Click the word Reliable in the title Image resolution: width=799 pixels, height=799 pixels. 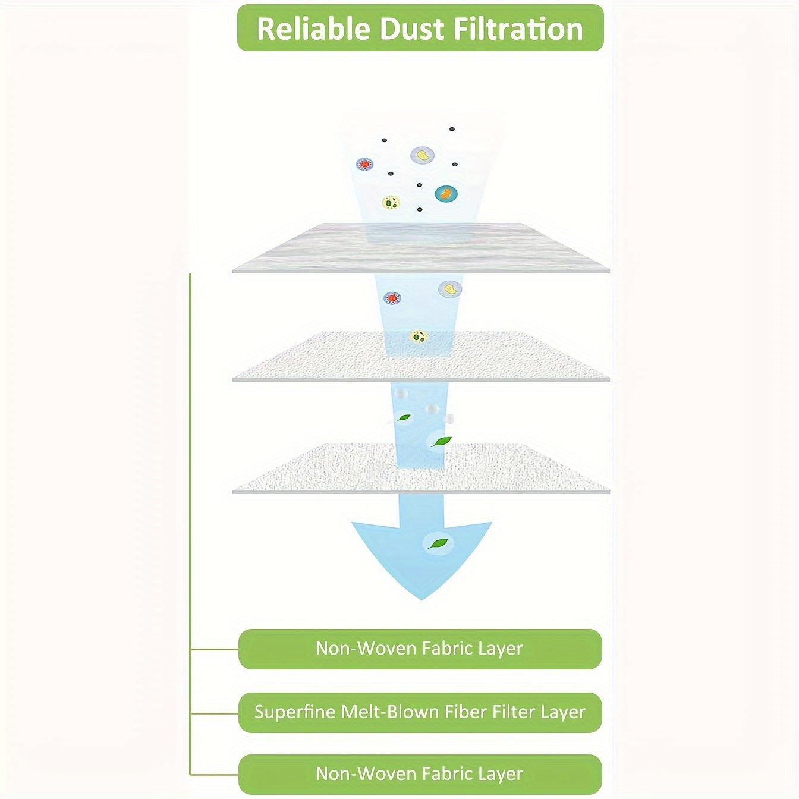[314, 29]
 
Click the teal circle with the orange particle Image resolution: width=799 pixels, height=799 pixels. [446, 193]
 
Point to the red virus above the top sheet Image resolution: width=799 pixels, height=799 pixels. [364, 165]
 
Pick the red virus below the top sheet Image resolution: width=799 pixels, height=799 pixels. [392, 298]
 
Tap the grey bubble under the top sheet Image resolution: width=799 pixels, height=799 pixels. [450, 290]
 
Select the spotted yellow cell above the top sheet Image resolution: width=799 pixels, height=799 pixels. [391, 203]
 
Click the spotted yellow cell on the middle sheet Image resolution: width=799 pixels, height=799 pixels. [419, 337]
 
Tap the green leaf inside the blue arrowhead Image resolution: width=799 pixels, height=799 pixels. [438, 543]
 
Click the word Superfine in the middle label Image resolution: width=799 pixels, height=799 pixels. [295, 712]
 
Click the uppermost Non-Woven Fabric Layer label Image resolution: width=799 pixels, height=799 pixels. [420, 649]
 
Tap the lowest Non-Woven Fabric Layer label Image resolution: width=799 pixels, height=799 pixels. [420, 774]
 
